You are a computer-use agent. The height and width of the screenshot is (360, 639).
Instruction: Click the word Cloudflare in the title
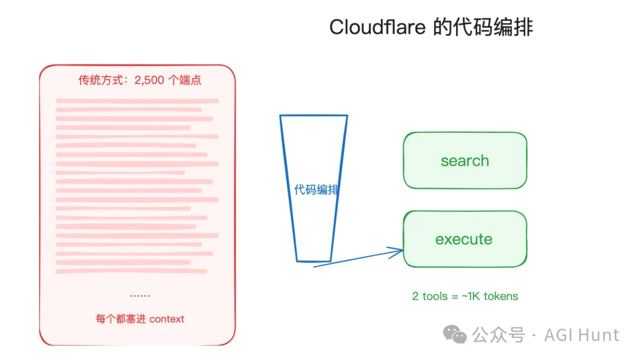(x=377, y=27)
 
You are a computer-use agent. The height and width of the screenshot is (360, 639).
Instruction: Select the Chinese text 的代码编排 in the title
(x=482, y=27)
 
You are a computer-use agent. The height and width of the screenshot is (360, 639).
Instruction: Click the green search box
(x=464, y=160)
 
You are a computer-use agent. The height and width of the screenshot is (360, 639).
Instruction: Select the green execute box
(x=464, y=239)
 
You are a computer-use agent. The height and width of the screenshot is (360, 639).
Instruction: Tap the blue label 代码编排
(x=317, y=190)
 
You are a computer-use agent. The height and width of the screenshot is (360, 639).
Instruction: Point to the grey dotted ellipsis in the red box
(x=140, y=295)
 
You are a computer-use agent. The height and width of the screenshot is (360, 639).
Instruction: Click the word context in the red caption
(x=167, y=319)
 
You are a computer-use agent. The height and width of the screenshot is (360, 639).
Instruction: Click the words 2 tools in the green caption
(x=430, y=296)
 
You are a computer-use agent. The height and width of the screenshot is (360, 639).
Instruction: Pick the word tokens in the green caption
(x=501, y=296)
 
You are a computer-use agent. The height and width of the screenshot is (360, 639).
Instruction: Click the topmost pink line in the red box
(x=137, y=101)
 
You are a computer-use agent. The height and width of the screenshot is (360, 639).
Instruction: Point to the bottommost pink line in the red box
(x=131, y=271)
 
